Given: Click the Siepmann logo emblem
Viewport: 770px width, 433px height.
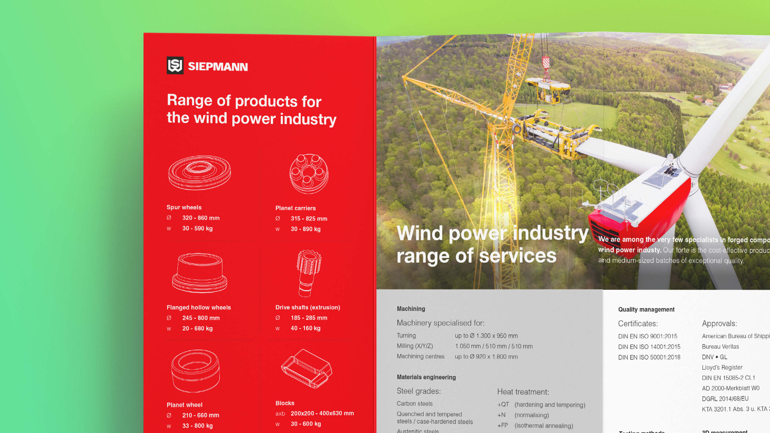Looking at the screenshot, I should point(175,65).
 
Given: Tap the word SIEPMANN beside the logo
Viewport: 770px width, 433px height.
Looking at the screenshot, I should point(218,67).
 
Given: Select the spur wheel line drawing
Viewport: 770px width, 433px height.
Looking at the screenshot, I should point(199,173).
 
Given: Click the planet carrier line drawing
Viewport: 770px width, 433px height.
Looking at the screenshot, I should point(309,173).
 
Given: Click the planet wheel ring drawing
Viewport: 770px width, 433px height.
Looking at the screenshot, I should point(196,371).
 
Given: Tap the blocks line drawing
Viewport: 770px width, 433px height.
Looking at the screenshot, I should point(307,368).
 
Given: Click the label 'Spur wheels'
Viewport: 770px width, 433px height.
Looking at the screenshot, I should point(184,207).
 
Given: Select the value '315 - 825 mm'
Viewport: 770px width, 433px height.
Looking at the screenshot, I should point(309,218).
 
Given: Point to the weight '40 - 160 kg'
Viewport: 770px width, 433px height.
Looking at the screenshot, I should point(305,328).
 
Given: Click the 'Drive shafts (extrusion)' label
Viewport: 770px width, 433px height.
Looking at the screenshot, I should point(308,307).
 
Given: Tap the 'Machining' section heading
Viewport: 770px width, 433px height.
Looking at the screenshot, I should point(411,309).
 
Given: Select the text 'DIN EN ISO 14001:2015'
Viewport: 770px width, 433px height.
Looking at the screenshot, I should point(649,347).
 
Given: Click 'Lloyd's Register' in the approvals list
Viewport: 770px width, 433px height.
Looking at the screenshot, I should point(722,367).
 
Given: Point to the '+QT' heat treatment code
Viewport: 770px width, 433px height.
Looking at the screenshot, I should point(503,404).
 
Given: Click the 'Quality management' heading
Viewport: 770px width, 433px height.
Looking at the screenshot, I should point(646,309).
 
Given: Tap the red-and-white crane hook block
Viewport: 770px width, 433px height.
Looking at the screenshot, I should point(546,62).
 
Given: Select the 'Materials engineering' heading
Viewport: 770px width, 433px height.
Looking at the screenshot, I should point(426,377).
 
